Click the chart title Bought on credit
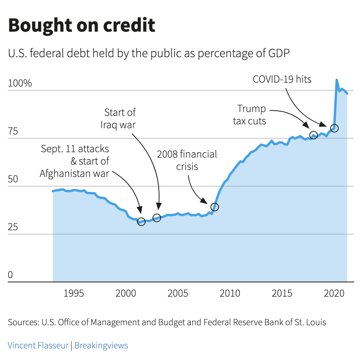81,25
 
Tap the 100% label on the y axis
20,83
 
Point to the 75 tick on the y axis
13,131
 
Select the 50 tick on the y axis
13,179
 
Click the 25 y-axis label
13,227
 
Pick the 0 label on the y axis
10,275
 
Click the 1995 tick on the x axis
74,294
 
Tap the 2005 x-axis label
178,294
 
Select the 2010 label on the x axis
230,294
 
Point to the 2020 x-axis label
334,294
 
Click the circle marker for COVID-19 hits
334,128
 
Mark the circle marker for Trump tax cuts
314,135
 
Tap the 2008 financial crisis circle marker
215,207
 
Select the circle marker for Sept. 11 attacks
141,221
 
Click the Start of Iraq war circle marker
157,218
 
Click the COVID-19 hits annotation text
282,79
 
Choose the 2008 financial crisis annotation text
187,160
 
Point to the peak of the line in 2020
337,80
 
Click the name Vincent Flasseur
38,345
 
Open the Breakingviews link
101,345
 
